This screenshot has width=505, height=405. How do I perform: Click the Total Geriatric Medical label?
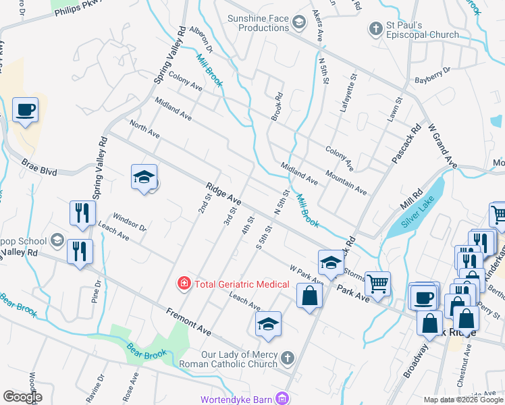pyautogui.click(x=242, y=284)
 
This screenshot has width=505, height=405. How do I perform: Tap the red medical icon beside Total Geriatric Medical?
pyautogui.click(x=183, y=284)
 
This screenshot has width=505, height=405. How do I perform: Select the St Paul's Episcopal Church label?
pyautogui.click(x=423, y=30)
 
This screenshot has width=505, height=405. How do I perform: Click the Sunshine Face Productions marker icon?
pyautogui.click(x=298, y=24)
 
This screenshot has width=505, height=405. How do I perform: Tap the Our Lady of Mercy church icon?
pyautogui.click(x=288, y=358)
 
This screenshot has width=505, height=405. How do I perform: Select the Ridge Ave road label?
pyautogui.click(x=223, y=194)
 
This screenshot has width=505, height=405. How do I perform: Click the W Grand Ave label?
pyautogui.click(x=442, y=146)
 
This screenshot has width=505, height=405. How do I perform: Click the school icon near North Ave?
pyautogui.click(x=144, y=178)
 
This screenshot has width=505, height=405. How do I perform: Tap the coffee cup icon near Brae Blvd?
pyautogui.click(x=26, y=109)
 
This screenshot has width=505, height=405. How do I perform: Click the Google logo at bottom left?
pyautogui.click(x=22, y=397)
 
